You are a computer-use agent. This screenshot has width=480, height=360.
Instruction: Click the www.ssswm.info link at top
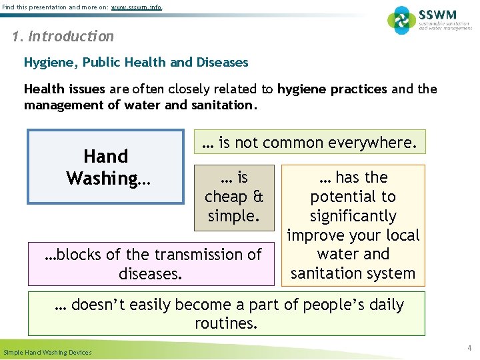tap(136, 7)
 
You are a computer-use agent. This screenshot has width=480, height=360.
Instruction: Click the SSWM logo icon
tap(401, 20)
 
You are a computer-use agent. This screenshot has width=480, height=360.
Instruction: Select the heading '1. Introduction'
tap(63, 37)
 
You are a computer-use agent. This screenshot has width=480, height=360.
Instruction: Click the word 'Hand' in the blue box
tap(105, 157)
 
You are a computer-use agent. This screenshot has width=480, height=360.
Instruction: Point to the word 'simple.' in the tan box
tap(233, 216)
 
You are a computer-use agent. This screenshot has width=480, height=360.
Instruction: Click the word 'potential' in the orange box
tap(353, 197)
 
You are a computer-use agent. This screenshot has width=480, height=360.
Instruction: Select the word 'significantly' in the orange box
tap(353, 216)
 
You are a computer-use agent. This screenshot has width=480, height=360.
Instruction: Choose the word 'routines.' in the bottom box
tap(226, 324)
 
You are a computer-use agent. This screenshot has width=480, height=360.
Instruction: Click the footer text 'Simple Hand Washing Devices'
tap(48, 352)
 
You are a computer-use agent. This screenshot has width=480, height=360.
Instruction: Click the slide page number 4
tap(469, 347)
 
